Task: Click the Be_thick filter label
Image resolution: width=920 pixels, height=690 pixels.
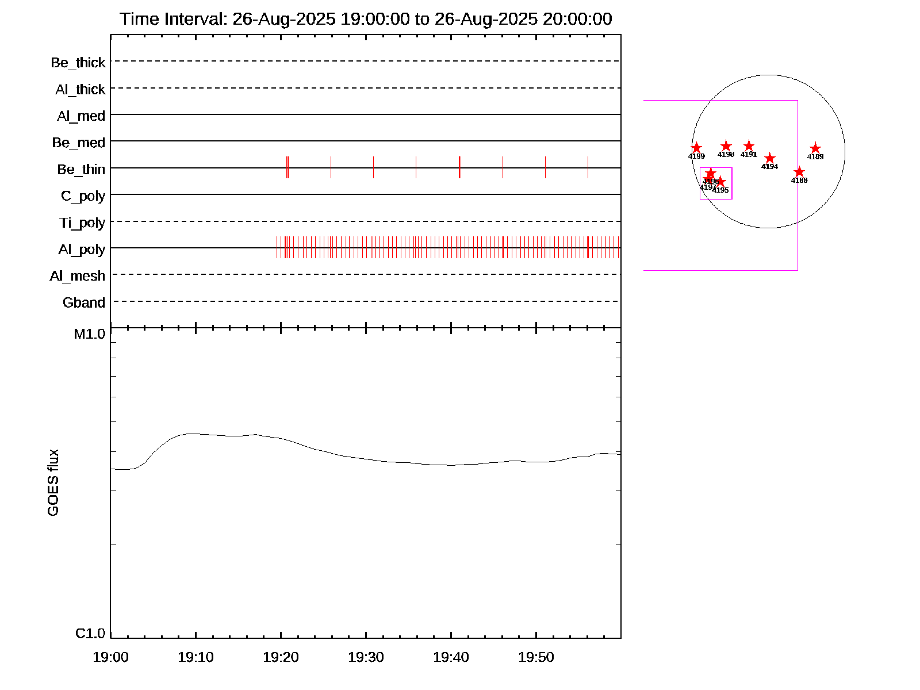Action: point(78,63)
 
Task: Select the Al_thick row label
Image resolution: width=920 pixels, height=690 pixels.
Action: point(80,90)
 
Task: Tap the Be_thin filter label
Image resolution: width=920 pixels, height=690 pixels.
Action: point(81,170)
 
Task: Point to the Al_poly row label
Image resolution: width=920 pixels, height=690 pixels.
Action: point(82,250)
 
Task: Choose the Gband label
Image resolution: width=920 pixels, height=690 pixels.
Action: point(84,303)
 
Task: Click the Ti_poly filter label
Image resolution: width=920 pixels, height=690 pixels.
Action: point(82,223)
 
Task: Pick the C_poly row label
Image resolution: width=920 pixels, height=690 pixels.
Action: point(83,197)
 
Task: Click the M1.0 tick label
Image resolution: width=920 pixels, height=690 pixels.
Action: point(90,334)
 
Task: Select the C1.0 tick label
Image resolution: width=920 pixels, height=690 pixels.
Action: point(90,634)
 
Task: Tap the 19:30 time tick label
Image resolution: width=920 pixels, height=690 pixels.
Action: point(366,657)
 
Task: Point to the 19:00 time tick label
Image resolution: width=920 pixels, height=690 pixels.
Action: point(110,657)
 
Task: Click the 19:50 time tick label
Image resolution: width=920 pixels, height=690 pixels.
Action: point(536,657)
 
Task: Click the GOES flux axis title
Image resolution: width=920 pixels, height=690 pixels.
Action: point(53,483)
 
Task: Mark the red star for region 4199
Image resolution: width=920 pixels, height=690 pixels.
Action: point(696,148)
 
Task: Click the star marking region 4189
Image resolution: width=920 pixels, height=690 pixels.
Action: point(815,148)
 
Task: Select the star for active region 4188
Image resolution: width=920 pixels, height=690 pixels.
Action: point(799,172)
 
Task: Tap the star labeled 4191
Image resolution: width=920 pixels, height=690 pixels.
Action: point(749,146)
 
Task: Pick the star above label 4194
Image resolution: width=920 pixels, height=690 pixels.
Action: point(770,158)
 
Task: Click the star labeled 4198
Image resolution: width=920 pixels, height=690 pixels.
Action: point(726,146)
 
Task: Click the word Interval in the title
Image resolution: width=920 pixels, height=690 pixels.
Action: point(195,19)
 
